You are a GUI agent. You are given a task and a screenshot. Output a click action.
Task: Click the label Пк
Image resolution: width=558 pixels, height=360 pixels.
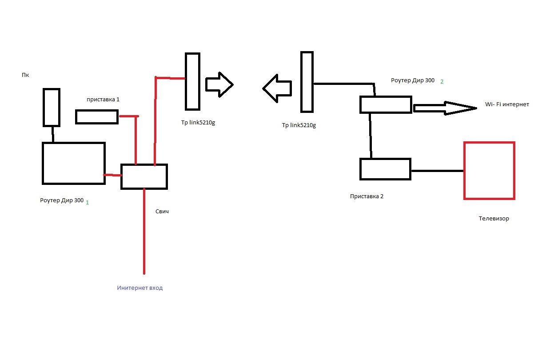[25, 75]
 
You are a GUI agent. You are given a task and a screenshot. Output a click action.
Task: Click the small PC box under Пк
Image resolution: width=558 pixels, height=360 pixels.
[52, 107]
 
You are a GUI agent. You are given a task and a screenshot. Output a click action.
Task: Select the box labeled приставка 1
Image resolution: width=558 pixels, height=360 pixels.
[97, 117]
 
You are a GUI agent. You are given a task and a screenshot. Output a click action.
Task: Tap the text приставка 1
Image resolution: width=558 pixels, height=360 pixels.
[103, 100]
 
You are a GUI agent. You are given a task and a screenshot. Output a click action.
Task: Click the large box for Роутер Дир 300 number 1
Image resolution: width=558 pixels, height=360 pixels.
[73, 163]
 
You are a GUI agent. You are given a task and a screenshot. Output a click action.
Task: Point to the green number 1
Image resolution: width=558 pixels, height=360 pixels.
[87, 202]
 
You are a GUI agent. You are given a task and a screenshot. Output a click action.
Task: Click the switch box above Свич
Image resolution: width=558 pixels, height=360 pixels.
[144, 176]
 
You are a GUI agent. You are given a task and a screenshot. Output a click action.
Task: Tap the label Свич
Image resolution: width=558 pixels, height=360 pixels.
[162, 212]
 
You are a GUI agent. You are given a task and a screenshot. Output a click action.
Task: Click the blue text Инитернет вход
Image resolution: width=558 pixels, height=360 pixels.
[140, 288]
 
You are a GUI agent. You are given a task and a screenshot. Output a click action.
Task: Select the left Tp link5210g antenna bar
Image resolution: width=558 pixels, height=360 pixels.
[192, 81]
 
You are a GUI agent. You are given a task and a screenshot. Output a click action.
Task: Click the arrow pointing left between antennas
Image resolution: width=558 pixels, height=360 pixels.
[277, 88]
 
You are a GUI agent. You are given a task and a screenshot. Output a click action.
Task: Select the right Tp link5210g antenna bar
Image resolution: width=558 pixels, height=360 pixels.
[307, 82]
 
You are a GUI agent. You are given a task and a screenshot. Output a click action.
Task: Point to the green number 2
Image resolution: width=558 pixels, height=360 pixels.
[442, 82]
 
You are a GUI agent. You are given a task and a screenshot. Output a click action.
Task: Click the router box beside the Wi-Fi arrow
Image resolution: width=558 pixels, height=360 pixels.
[385, 105]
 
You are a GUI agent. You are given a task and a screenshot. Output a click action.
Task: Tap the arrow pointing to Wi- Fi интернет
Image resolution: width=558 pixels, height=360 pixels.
[444, 108]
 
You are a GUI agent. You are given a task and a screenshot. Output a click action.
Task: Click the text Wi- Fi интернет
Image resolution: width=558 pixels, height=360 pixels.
[507, 104]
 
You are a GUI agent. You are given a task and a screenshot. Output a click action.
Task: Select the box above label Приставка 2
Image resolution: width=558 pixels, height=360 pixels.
[385, 169]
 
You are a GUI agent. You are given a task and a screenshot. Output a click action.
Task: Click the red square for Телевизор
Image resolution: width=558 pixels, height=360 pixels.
[489, 171]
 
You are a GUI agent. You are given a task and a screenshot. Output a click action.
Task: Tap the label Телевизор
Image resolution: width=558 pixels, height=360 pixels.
[494, 219]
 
